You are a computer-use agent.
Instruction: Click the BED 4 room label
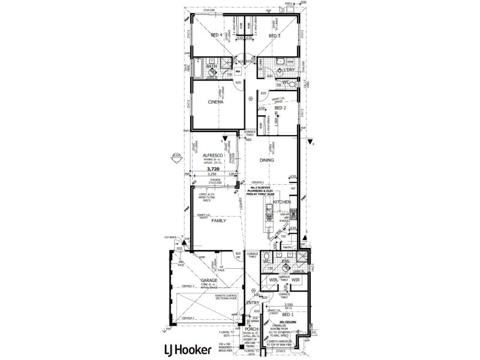[x=217, y=35]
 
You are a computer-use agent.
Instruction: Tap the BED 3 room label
[x=274, y=36]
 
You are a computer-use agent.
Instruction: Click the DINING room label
[x=267, y=161]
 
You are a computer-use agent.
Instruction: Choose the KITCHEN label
[x=282, y=203]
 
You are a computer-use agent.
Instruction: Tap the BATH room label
[x=211, y=67]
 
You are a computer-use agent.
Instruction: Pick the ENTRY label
[x=252, y=302]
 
